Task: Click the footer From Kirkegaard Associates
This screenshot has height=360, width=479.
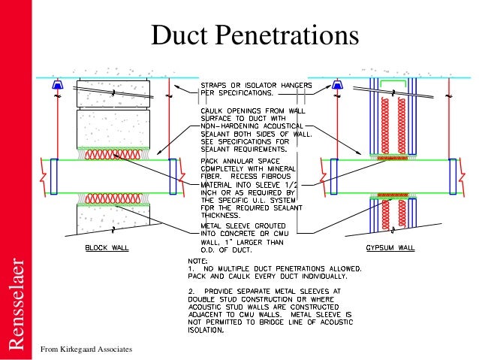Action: coord(86,349)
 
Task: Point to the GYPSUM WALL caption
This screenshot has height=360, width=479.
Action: coord(393,247)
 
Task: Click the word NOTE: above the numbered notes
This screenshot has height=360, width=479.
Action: coord(197,262)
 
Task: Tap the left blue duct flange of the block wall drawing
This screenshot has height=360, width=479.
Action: coord(54,176)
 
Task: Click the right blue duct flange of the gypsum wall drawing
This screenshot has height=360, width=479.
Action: coord(450,176)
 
